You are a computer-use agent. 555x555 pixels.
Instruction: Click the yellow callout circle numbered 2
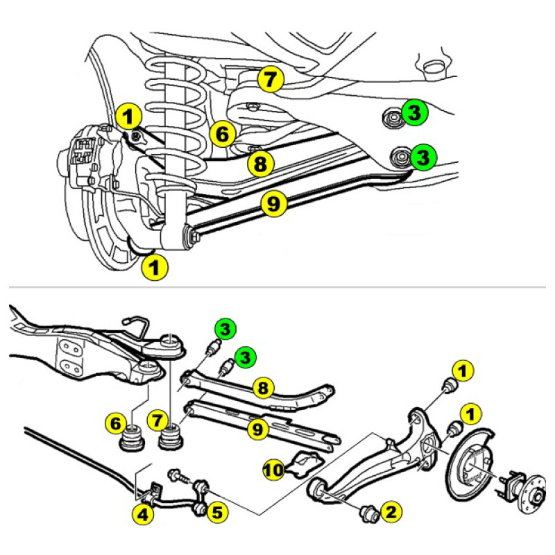pos(391,512)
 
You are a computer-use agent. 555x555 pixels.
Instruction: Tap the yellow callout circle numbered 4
pos(143,514)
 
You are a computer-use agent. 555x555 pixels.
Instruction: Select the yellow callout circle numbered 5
pos(217,513)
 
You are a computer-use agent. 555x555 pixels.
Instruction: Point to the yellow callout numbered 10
pos(273,470)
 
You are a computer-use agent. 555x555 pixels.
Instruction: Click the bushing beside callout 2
pos(369,513)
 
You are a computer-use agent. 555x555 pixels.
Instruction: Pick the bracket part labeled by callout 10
pos(305,462)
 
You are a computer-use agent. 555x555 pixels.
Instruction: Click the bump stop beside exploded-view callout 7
pos(171,438)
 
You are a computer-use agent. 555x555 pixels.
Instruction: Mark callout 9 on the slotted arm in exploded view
pos(257,429)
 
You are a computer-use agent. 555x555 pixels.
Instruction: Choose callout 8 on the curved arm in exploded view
pos(264,388)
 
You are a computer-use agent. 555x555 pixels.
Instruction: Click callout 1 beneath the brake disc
pos(155,267)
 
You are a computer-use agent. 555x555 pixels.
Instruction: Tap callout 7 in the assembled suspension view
pos(271,79)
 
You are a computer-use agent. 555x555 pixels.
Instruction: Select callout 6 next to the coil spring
pos(222,134)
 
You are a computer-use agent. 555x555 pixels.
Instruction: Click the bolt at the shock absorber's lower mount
pos(193,235)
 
